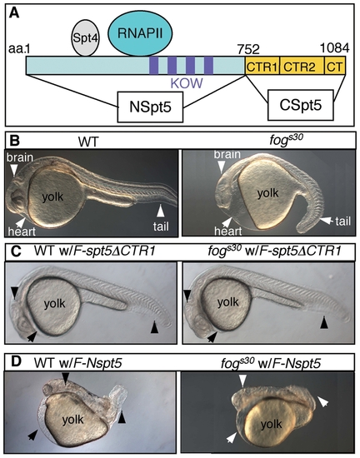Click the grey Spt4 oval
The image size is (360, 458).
pyautogui.click(x=86, y=38)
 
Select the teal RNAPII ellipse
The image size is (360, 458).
pyautogui.click(x=140, y=34)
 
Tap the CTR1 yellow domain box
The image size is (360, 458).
pyautogui.click(x=262, y=66)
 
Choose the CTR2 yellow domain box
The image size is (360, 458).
pyautogui.click(x=302, y=66)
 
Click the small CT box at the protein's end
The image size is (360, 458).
pyautogui.click(x=335, y=66)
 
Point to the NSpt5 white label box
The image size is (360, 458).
pyautogui.click(x=150, y=107)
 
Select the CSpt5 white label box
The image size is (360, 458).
pyautogui.click(x=301, y=105)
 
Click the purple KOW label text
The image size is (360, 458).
pyautogui.click(x=187, y=84)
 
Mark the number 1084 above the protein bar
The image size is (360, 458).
pyautogui.click(x=335, y=48)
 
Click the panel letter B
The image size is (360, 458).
pyautogui.click(x=14, y=141)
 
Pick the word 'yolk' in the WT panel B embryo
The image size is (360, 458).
pyautogui.click(x=52, y=197)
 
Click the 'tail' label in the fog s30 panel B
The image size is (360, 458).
pyautogui.click(x=342, y=222)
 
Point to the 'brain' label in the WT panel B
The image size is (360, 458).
pyautogui.click(x=20, y=157)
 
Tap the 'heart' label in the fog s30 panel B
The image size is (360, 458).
pyautogui.click(x=228, y=231)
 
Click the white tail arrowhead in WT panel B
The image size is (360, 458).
pyautogui.click(x=161, y=211)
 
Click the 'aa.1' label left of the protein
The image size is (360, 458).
pyautogui.click(x=19, y=49)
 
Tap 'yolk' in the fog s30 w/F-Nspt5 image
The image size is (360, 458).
pyautogui.click(x=272, y=425)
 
